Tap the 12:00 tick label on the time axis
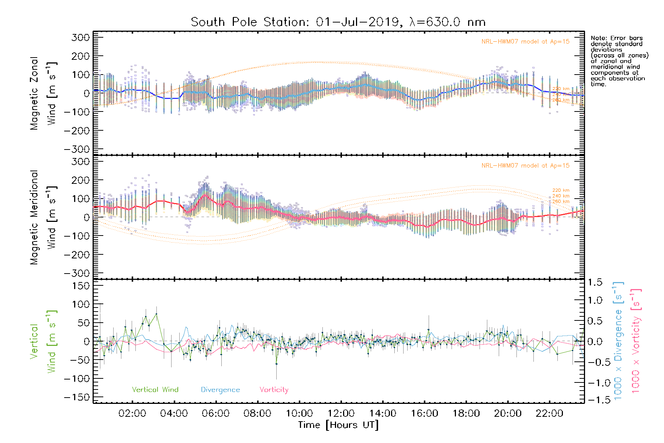pos(341,413)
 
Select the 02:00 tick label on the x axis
pos(132,413)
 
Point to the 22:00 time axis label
pos(549,413)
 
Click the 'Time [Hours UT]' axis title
pos(338,425)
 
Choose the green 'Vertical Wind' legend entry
pos(155,389)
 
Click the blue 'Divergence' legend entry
pos(220,389)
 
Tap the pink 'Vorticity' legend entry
pos(274,389)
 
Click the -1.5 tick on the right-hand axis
pos(595,400)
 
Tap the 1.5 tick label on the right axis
pos(595,282)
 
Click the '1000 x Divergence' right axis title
pos(618,341)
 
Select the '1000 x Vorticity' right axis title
pos(636,341)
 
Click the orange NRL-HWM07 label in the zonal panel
pos(525,42)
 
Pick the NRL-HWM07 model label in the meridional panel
pos(525,166)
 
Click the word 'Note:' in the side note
pos(598,38)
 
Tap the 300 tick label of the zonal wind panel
pos(80,37)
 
